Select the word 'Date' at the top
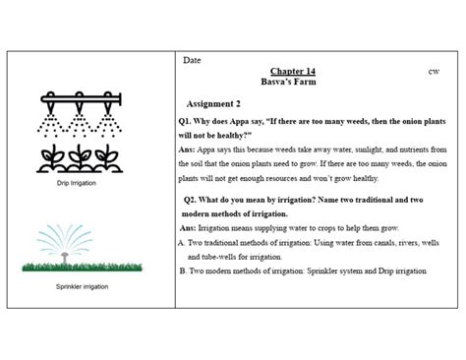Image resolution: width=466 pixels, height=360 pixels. [193, 61]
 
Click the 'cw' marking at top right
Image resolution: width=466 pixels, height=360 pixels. [434, 72]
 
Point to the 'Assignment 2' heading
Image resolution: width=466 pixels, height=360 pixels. [213, 103]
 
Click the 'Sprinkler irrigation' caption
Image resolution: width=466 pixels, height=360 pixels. [84, 286]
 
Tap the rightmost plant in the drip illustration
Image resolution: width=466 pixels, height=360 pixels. [112, 159]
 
